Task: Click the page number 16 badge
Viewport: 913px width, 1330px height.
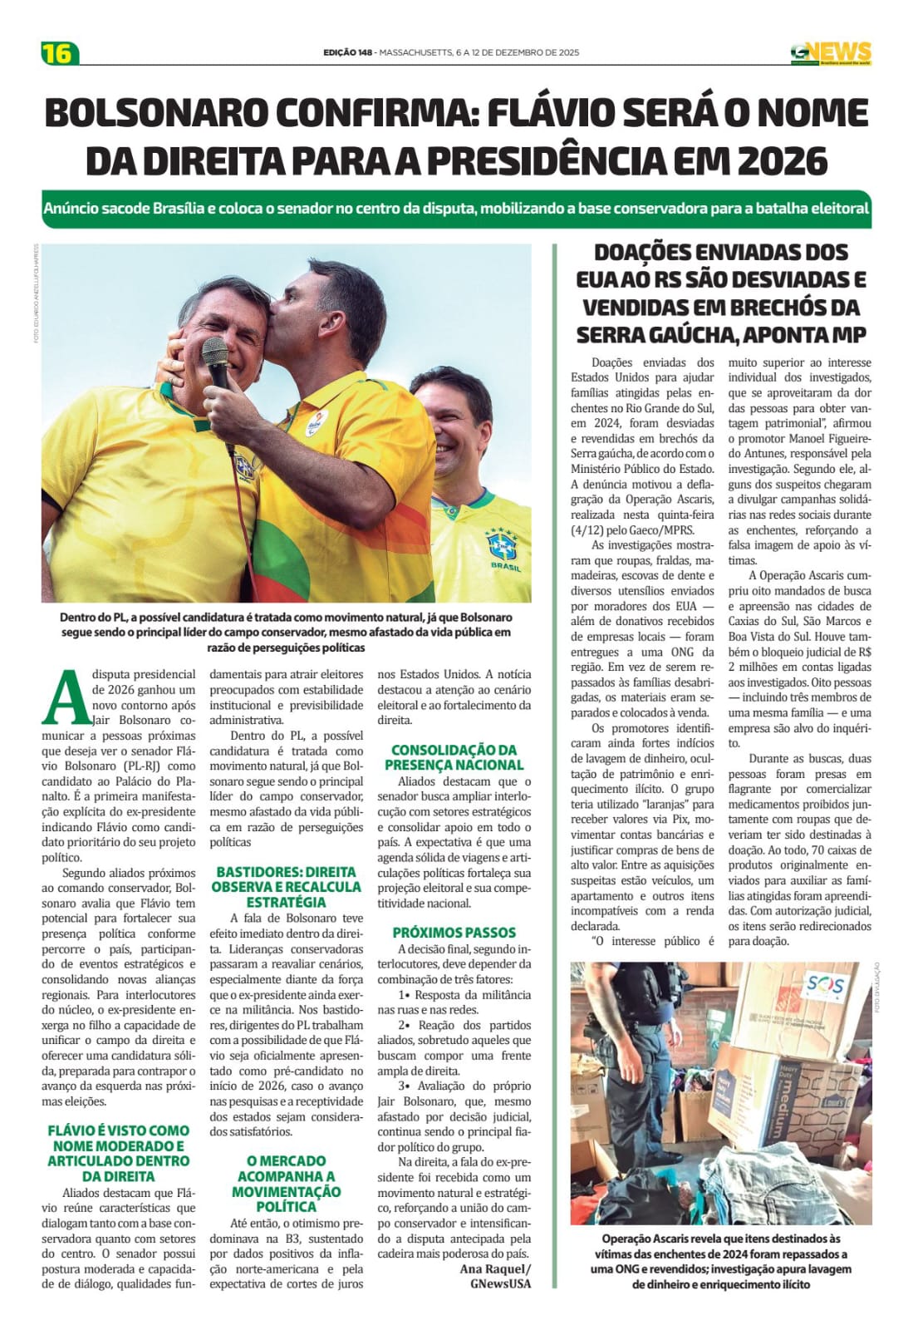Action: click(x=59, y=53)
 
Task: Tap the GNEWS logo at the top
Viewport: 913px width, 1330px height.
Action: click(x=830, y=52)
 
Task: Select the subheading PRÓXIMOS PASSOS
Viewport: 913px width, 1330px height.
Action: click(x=454, y=933)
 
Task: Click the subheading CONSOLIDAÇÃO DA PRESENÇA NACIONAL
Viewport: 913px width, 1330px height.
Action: click(x=454, y=757)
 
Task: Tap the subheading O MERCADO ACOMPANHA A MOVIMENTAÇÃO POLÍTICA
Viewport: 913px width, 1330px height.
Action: click(x=285, y=1183)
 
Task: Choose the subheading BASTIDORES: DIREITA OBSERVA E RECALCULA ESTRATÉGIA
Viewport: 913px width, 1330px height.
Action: click(x=285, y=887)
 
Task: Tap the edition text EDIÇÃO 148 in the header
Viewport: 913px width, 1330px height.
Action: click(x=347, y=52)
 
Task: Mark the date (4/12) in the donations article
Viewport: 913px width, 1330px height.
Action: click(x=589, y=530)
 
